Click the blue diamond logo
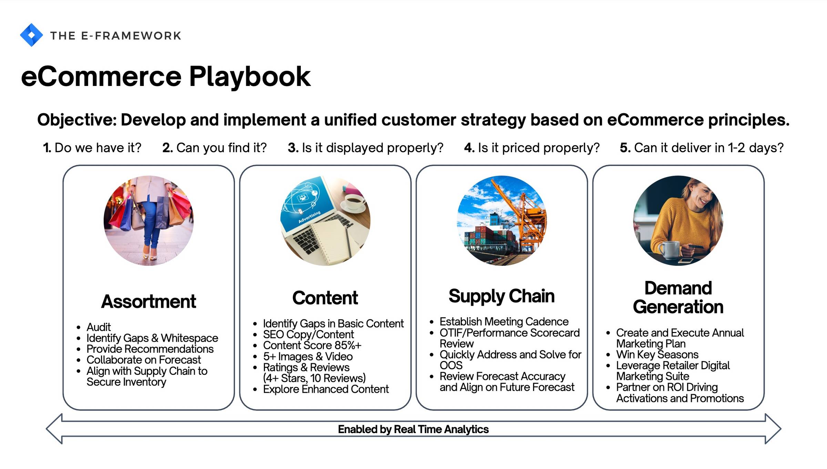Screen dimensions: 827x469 coord(31,35)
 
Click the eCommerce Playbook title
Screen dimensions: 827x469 coord(166,76)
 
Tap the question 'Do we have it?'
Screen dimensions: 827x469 coord(92,148)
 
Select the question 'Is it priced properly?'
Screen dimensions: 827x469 coord(532,148)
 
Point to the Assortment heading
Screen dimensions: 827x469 coord(149,301)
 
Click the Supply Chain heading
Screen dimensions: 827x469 coord(502,296)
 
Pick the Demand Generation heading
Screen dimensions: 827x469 coord(678,297)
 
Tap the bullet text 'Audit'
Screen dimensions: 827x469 coord(99,327)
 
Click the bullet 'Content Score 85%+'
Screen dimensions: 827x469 coord(312,345)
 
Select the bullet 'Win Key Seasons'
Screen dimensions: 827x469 coord(657,354)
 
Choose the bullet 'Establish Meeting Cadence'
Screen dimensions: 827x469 coord(504,322)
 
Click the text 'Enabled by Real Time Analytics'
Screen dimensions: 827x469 coord(413,429)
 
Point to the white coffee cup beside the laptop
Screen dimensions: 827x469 coord(354,202)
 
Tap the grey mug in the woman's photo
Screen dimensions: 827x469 coord(670,250)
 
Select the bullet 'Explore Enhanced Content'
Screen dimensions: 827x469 coord(326,389)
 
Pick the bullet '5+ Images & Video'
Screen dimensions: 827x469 coord(308,356)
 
